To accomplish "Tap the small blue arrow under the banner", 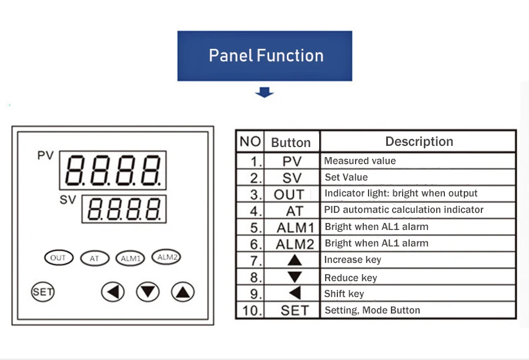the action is pos(264,92).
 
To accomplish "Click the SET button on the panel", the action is pos(42,291).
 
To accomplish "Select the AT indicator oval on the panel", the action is pos(95,258).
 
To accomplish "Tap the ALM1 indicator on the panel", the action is pos(130,258).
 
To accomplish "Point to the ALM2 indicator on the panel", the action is pos(166,256).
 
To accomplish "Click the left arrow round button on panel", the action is pos(113,291).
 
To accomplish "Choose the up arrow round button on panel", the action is pos(183,291).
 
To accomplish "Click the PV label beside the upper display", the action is pos(45,156).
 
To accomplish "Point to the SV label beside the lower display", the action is pos(68,199).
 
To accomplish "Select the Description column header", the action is pos(418,142).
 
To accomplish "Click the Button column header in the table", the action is pos(290,143).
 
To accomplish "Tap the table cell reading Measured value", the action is pos(360,161).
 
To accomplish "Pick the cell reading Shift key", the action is pos(344,294).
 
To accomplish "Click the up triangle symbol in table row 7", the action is pos(294,259).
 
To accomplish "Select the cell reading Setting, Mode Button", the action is pos(373,310).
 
